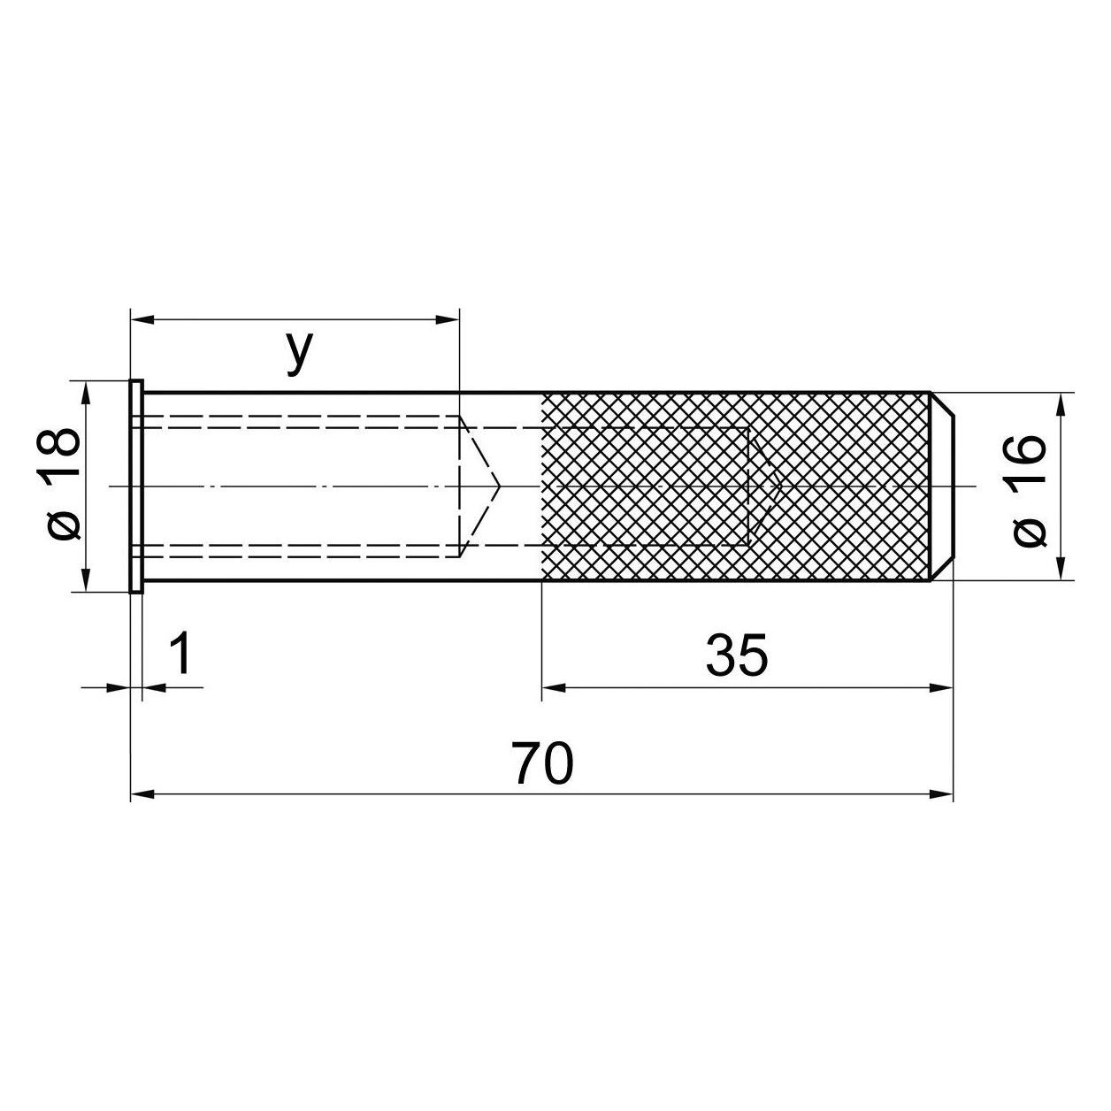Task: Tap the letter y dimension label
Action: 299,352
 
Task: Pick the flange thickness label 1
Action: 181,653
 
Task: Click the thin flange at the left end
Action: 136,486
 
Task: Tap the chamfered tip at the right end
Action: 941,486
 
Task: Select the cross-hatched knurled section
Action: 736,486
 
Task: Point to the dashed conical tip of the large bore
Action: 479,486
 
